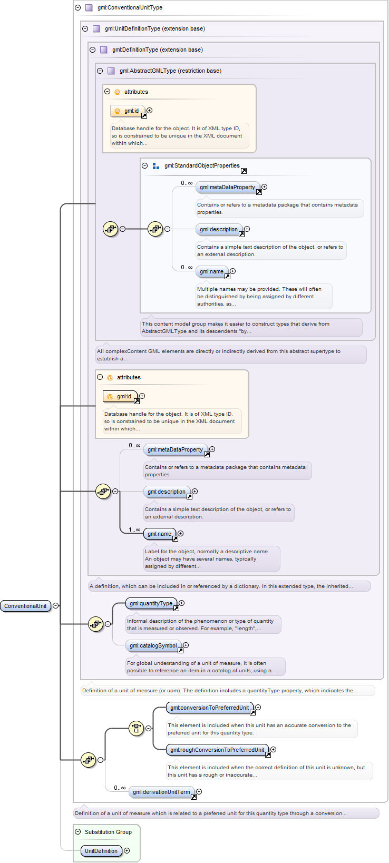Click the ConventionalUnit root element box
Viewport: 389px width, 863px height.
25,606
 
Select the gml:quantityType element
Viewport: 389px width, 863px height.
151,603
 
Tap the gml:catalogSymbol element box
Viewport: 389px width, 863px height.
153,645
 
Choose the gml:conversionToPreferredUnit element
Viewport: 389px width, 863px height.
210,708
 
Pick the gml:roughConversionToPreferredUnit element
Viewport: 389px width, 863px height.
218,750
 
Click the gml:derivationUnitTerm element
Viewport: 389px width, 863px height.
161,792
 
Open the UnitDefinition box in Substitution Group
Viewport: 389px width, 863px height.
101,851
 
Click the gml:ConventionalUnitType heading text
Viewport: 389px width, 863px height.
130,7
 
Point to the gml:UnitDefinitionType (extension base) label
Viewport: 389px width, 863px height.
155,28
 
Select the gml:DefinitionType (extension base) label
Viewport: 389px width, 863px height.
158,50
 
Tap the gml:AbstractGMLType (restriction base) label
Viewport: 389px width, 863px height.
170,71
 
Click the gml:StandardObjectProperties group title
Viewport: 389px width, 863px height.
202,165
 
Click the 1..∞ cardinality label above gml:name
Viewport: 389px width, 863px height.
134,529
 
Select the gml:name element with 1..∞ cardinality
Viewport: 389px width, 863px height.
160,534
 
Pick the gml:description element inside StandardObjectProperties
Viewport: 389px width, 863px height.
219,229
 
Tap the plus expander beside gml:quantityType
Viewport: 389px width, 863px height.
181,603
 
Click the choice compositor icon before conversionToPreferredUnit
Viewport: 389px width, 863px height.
136,728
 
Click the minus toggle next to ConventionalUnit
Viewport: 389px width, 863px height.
56,606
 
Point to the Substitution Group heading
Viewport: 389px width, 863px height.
109,832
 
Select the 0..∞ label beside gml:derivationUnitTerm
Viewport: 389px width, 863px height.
120,788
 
